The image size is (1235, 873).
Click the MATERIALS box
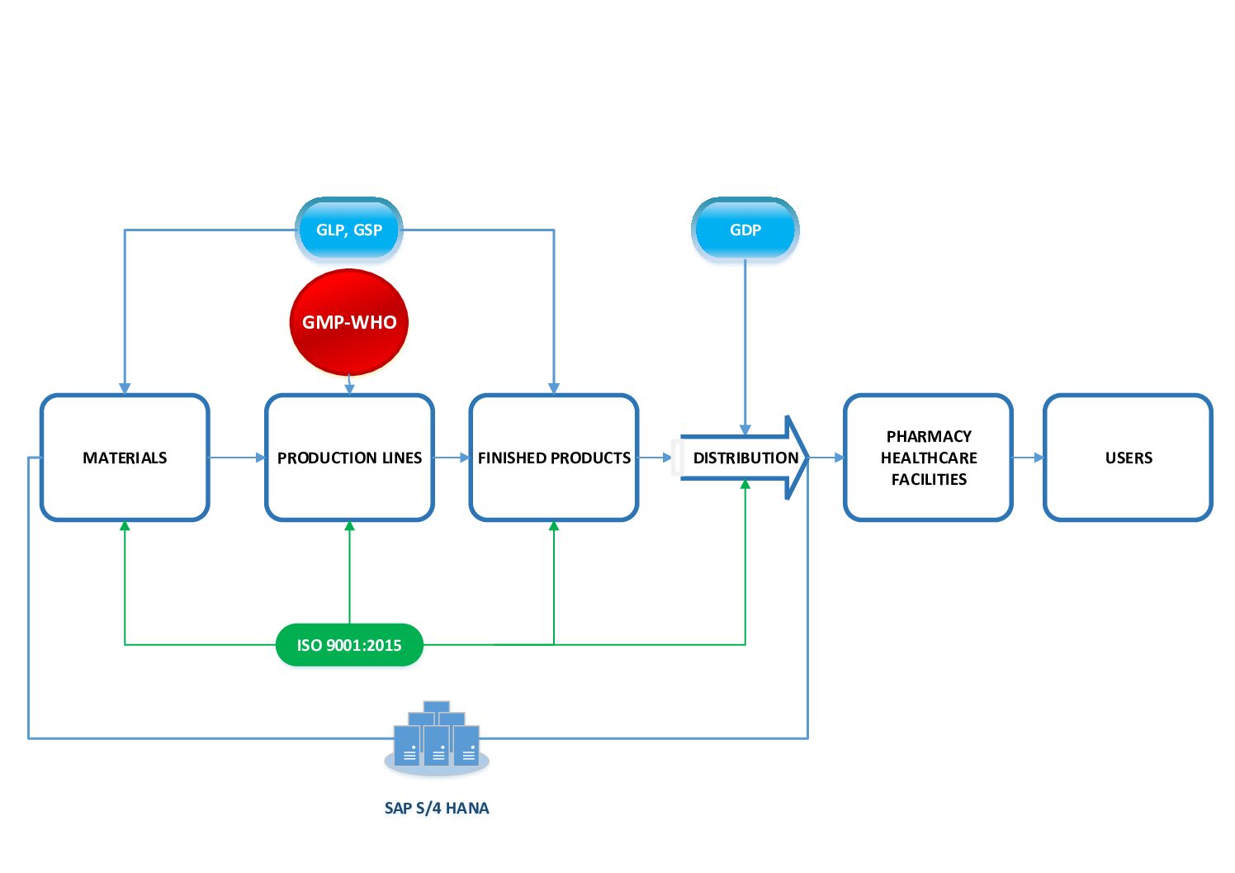click(125, 458)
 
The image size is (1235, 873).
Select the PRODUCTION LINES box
click(349, 458)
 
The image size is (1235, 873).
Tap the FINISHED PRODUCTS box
click(554, 458)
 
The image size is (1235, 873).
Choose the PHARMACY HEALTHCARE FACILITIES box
click(928, 458)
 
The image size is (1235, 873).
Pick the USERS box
click(1128, 458)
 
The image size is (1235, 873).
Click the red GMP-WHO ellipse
click(349, 322)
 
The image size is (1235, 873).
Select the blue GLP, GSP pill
click(349, 230)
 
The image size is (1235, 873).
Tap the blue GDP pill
click(745, 230)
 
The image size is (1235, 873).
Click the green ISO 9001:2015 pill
click(349, 645)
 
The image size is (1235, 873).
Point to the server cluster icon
click(436, 738)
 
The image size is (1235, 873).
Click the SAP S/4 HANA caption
click(436, 808)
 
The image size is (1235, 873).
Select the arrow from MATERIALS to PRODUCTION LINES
click(238, 458)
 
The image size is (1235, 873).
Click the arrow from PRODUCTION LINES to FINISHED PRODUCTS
click(452, 458)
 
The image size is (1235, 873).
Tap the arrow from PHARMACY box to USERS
click(1028, 458)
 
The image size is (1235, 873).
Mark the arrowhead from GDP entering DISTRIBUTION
click(745, 429)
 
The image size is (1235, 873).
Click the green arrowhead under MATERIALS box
click(125, 526)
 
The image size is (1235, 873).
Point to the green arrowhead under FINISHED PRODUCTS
click(554, 526)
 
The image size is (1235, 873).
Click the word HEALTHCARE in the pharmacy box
click(928, 458)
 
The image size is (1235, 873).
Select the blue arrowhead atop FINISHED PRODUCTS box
click(554, 388)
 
